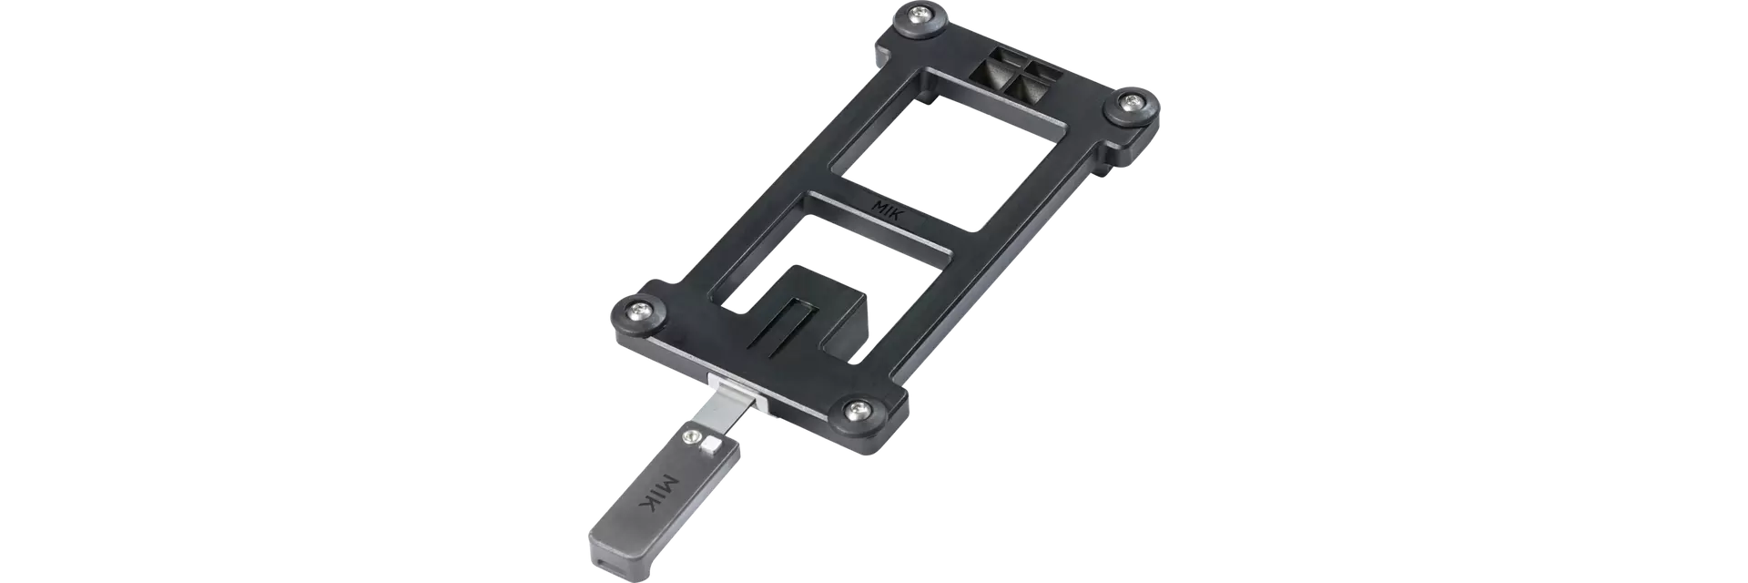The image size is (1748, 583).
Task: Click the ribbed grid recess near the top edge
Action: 1018,74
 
